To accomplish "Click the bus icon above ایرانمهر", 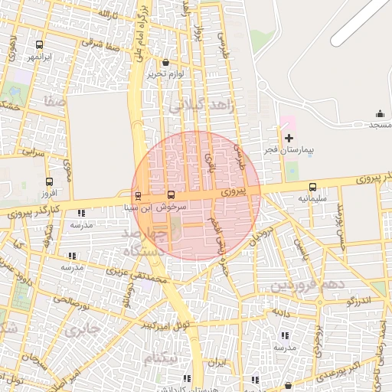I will point(39,44).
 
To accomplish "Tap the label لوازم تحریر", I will point(167,74).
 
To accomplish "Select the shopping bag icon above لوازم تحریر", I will point(167,63).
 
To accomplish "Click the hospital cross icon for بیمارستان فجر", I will point(289,138).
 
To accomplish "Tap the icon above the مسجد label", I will point(381,113).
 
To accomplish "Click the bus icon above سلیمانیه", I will point(312,187).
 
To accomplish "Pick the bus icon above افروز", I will point(50,182).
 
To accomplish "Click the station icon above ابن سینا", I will point(138,195).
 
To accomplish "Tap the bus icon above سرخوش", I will point(171,195).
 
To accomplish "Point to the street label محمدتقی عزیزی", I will point(142,276).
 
